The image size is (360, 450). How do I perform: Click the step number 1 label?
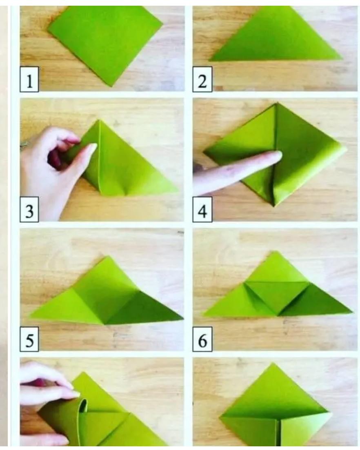click(x=29, y=80)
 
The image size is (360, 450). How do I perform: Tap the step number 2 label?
click(x=202, y=80)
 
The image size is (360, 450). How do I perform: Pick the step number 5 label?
click(x=29, y=339)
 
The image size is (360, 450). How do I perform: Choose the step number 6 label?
click(x=202, y=339)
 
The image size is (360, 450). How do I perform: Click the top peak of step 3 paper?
click(x=100, y=120)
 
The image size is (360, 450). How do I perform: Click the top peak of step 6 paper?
click(x=275, y=252)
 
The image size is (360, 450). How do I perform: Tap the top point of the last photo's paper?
click(x=273, y=364)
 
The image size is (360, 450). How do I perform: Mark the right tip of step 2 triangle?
click(x=341, y=58)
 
